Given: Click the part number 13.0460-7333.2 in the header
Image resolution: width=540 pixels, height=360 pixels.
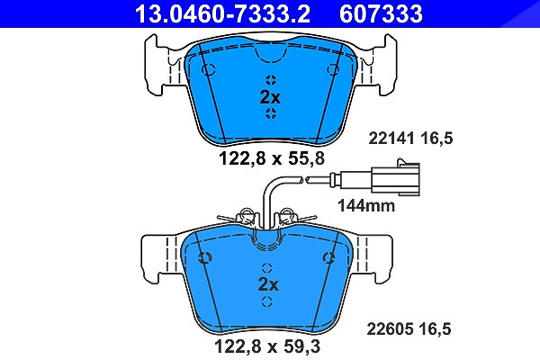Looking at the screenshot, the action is pos(222,13).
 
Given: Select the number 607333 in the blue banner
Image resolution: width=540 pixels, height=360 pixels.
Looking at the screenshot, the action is pos(381,13).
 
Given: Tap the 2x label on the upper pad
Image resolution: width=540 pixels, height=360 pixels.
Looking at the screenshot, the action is pos(270,97).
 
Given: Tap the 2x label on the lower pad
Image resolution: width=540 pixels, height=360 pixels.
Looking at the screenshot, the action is pos(268,284).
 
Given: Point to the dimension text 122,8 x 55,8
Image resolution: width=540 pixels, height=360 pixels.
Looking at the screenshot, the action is pos(272,158).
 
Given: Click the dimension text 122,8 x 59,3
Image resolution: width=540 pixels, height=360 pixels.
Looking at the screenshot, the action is pos(267,346).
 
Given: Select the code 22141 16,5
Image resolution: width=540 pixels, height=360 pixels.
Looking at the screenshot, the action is pos(410,139).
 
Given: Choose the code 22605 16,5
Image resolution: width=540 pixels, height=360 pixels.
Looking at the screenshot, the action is pos(409,329).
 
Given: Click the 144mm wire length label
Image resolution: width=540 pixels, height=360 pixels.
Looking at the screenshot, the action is pos(366,206).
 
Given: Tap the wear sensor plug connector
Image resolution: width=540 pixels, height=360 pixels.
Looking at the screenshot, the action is pos(395,177).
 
